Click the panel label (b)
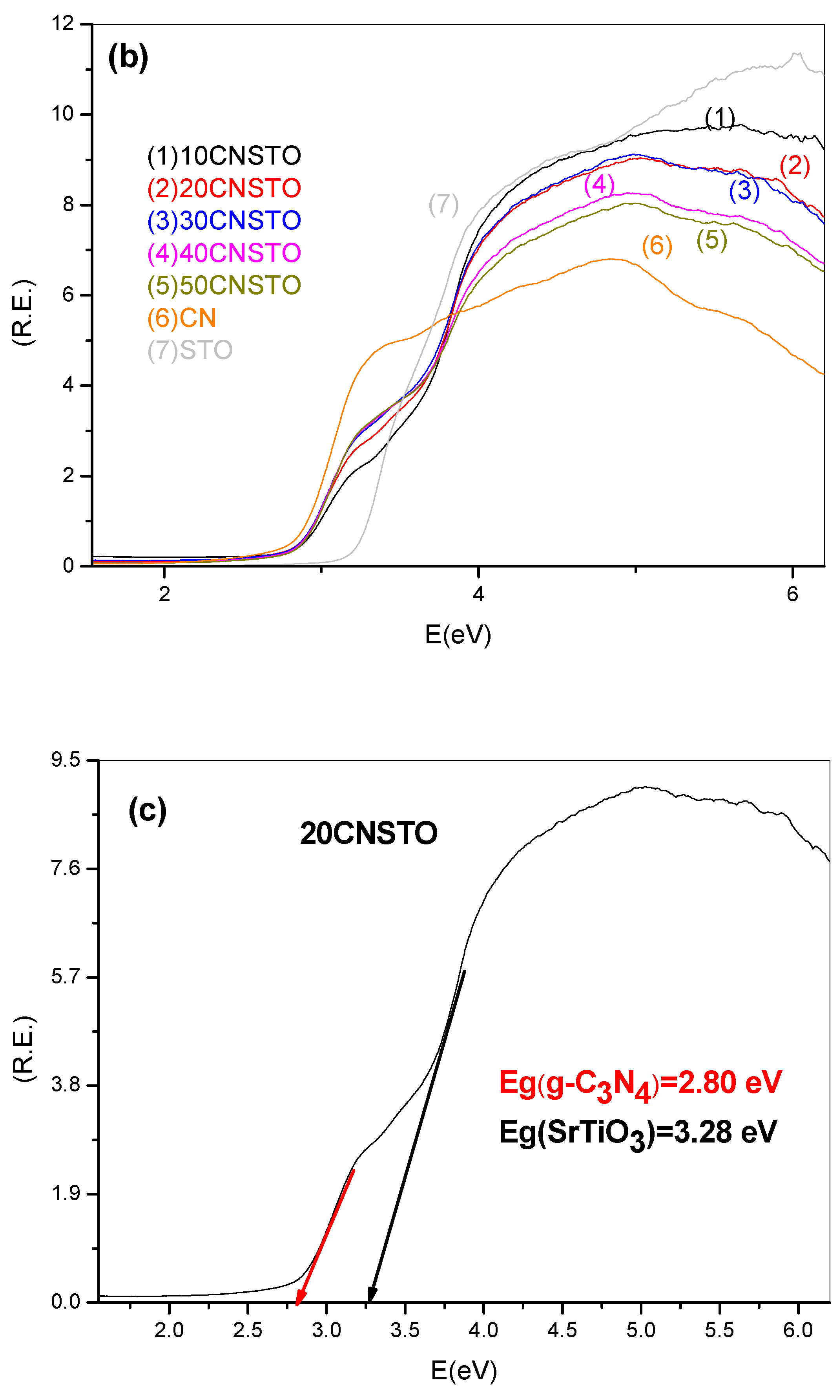click(128, 57)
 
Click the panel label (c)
click(147, 810)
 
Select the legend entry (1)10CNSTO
click(224, 156)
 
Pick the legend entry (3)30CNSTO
click(224, 220)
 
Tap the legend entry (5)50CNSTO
click(224, 285)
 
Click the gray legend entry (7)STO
click(190, 350)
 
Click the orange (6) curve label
click(657, 245)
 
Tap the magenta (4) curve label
click(599, 185)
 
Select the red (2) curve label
click(794, 166)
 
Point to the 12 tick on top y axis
click(63, 24)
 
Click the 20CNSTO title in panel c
click(368, 833)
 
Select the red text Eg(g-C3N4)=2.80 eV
click(640, 1083)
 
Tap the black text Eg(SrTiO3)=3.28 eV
click(638, 1132)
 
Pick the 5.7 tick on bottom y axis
click(66, 977)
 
